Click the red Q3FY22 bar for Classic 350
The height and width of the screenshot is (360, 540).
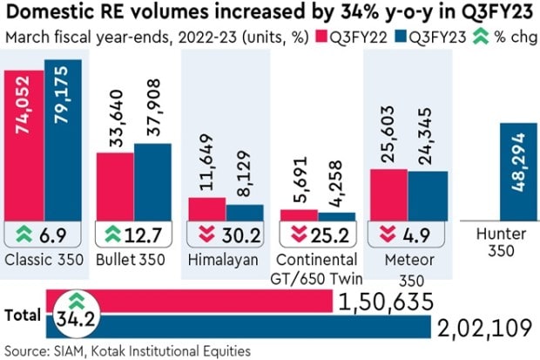25,148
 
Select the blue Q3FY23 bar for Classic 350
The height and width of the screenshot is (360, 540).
63,144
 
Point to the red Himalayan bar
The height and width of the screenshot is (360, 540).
207,208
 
